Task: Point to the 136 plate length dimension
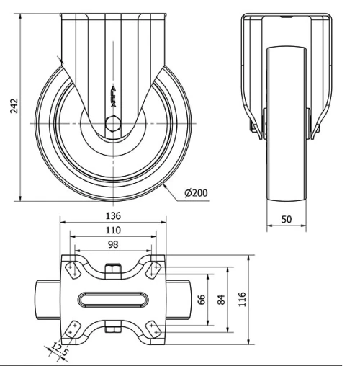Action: (x=112, y=215)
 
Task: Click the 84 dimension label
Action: (x=220, y=298)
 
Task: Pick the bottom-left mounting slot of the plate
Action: (x=72, y=328)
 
